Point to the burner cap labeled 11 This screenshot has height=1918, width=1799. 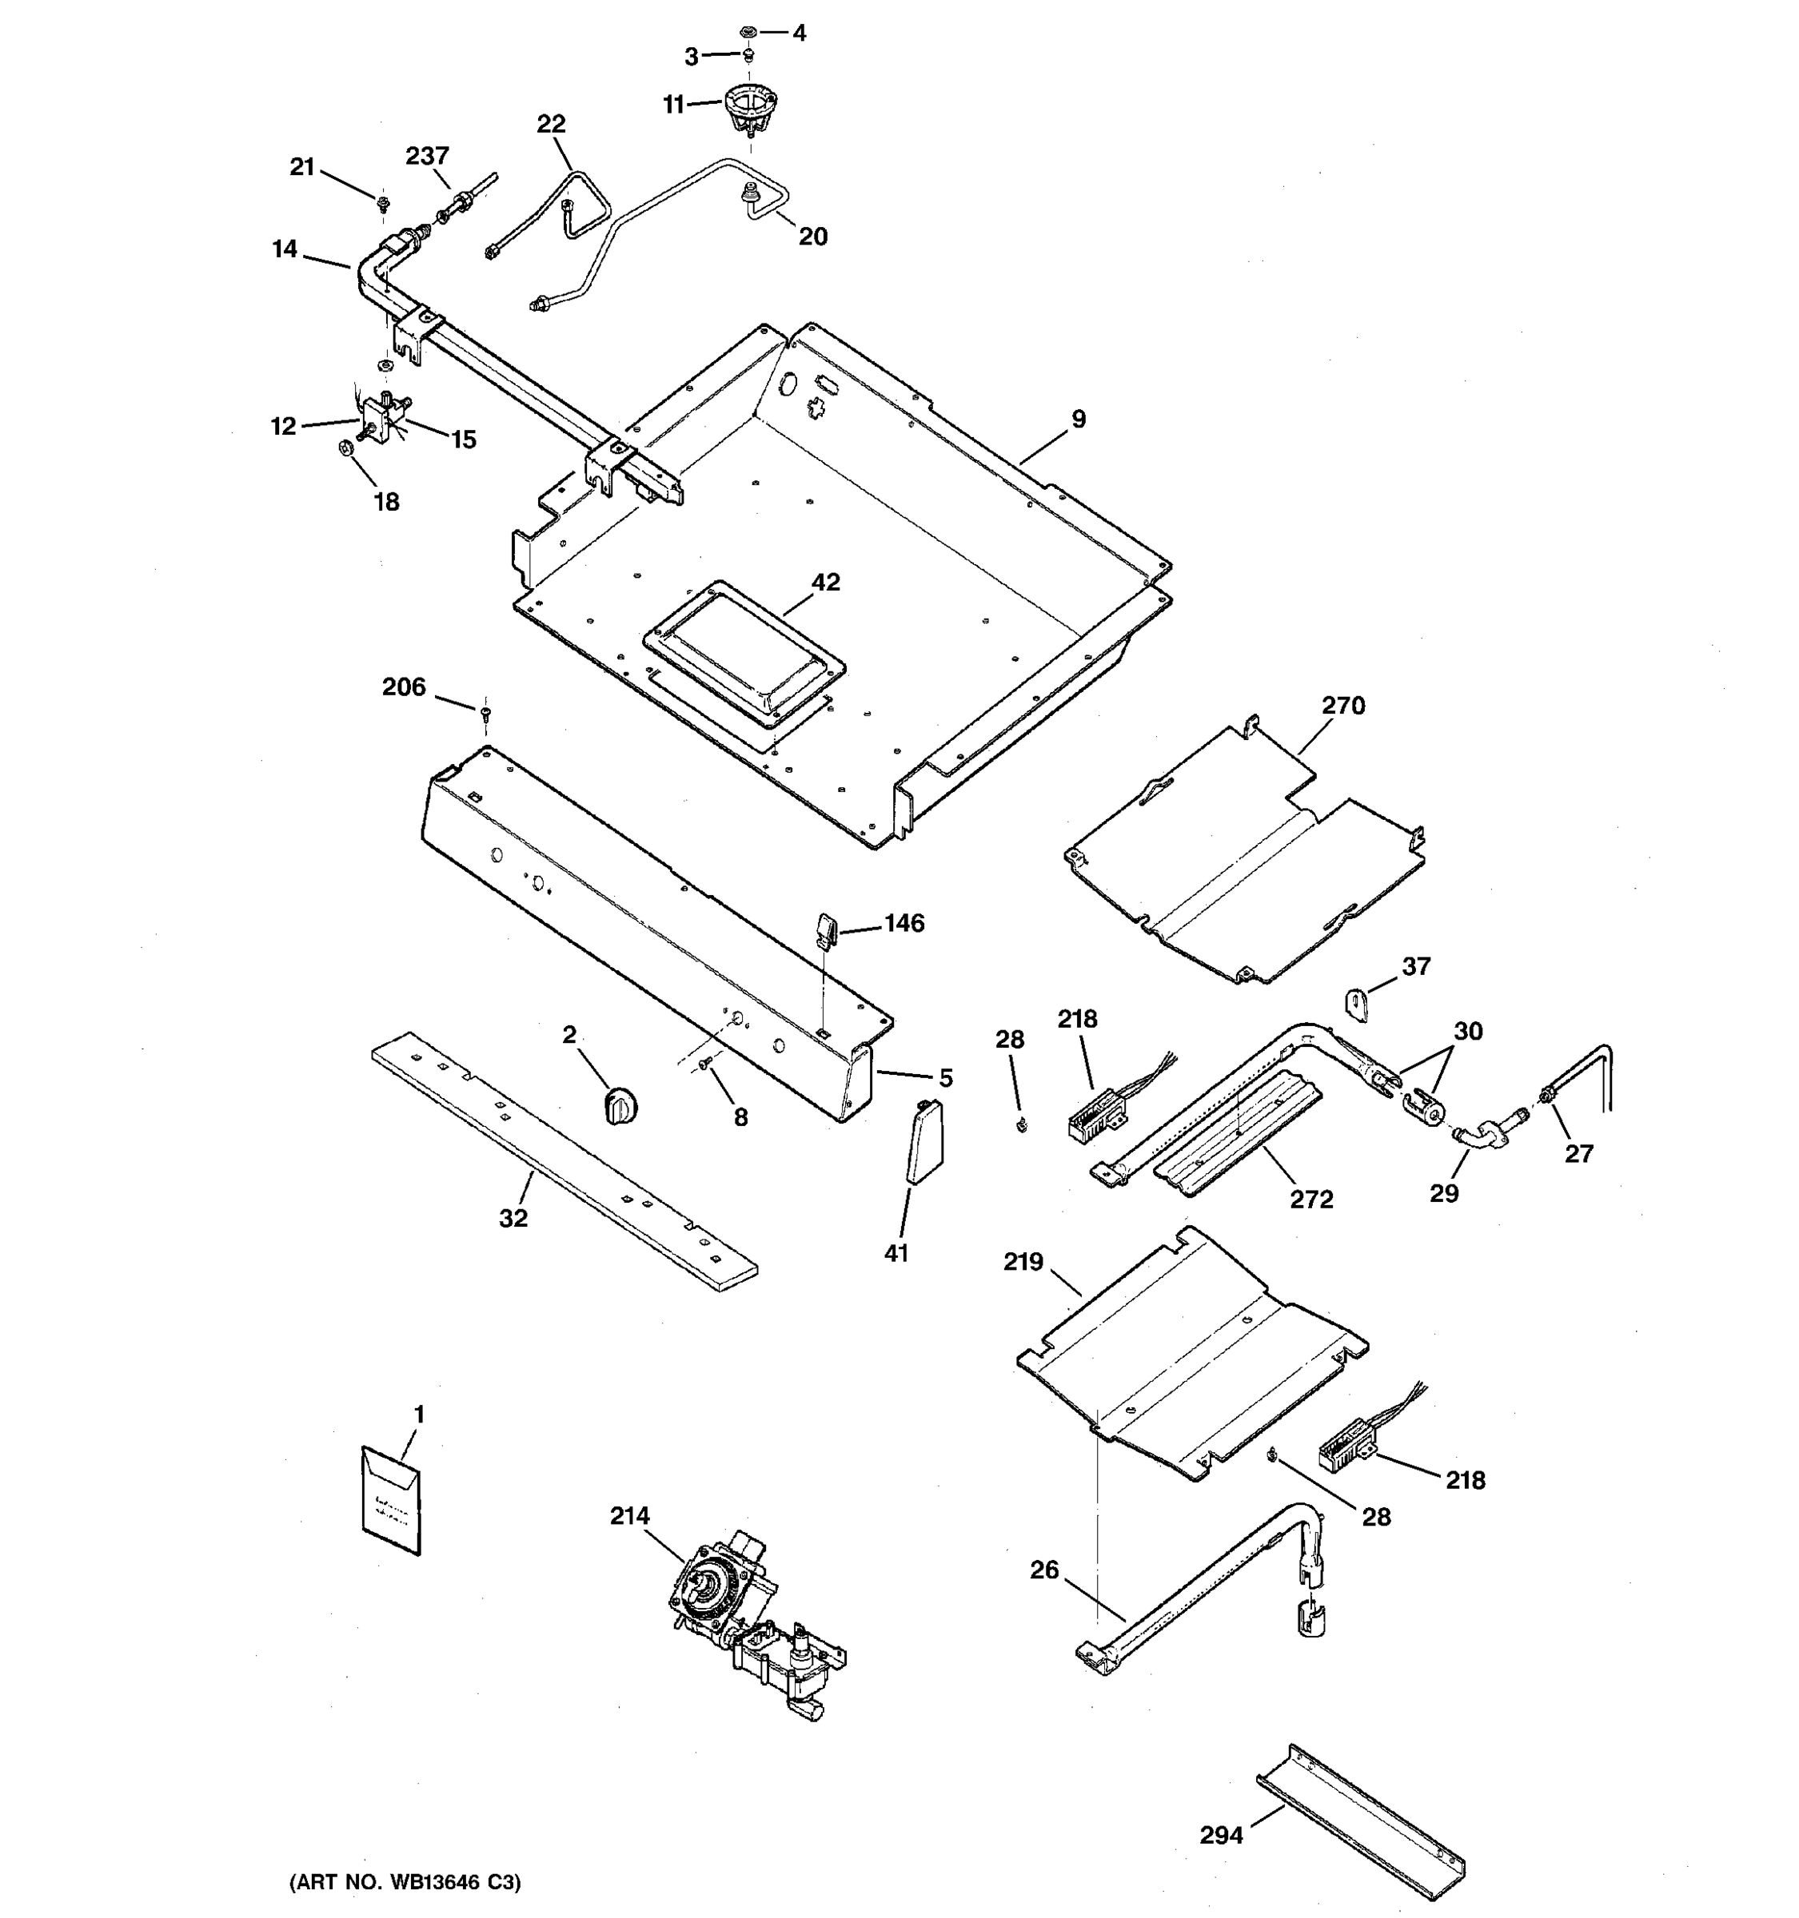750,108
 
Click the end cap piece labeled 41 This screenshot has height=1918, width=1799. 924,1141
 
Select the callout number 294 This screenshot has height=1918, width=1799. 1221,1835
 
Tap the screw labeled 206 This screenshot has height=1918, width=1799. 485,714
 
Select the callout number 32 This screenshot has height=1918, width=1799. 513,1219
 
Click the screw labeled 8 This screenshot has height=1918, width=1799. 705,1062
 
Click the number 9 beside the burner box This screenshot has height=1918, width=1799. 1078,419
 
